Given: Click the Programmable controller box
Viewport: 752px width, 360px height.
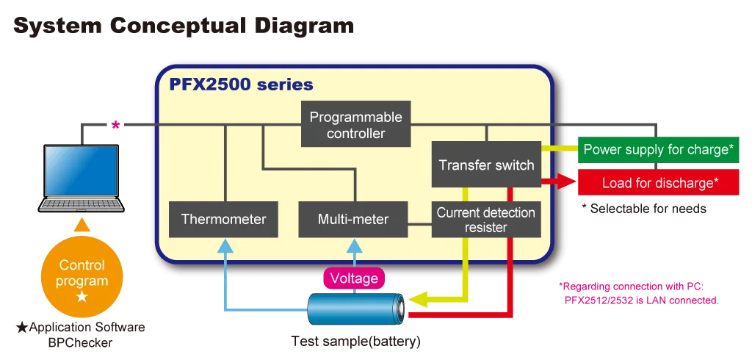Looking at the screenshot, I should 355,125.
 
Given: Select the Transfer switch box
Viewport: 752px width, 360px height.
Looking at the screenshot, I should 486,165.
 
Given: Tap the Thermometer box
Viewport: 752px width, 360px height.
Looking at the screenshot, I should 223,219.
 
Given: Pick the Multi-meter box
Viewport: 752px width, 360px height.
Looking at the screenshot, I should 353,219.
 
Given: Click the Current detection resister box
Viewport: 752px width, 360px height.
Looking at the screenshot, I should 486,219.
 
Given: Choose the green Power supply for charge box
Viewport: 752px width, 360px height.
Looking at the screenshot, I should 658,150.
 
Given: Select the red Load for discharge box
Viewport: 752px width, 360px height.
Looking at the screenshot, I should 658,183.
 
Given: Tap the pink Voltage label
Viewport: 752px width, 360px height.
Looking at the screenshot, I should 354,278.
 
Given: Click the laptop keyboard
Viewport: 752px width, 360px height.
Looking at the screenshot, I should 81,204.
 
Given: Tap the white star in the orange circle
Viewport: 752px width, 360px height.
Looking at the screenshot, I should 82,297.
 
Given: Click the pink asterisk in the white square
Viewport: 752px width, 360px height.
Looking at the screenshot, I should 116,125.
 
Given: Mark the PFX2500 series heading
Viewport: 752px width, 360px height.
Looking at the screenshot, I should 241,85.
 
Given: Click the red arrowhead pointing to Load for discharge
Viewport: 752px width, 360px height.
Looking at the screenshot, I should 566,182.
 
